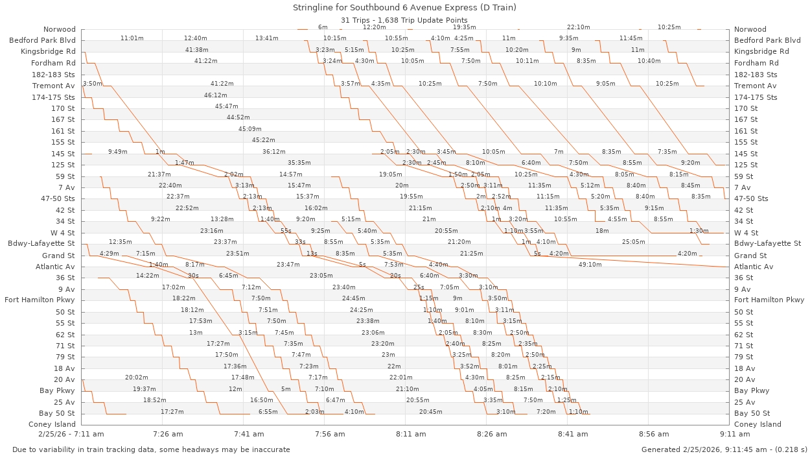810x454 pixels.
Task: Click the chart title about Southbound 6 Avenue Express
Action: click(x=404, y=8)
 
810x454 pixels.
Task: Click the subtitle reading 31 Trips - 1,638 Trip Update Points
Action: click(x=404, y=19)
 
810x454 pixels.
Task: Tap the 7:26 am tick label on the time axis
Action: click(x=168, y=434)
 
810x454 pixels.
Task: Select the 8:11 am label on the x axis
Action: click(x=411, y=434)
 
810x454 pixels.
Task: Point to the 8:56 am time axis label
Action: click(x=654, y=434)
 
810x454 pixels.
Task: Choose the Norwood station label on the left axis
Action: click(x=60, y=29)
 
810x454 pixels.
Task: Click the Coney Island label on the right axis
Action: click(x=758, y=424)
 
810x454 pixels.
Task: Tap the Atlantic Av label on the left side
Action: click(x=55, y=267)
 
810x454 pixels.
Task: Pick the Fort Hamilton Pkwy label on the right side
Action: click(x=768, y=300)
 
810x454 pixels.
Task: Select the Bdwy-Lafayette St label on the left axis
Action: click(x=41, y=244)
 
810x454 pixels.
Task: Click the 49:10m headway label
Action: click(x=590, y=265)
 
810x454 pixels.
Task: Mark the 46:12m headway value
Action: click(x=215, y=95)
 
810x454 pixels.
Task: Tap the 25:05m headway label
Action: click(x=633, y=242)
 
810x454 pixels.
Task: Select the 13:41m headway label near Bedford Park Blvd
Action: click(x=266, y=38)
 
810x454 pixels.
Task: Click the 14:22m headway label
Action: click(x=148, y=276)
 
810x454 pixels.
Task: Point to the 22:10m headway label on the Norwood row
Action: click(x=578, y=27)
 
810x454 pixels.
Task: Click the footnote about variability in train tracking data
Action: click(x=150, y=449)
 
